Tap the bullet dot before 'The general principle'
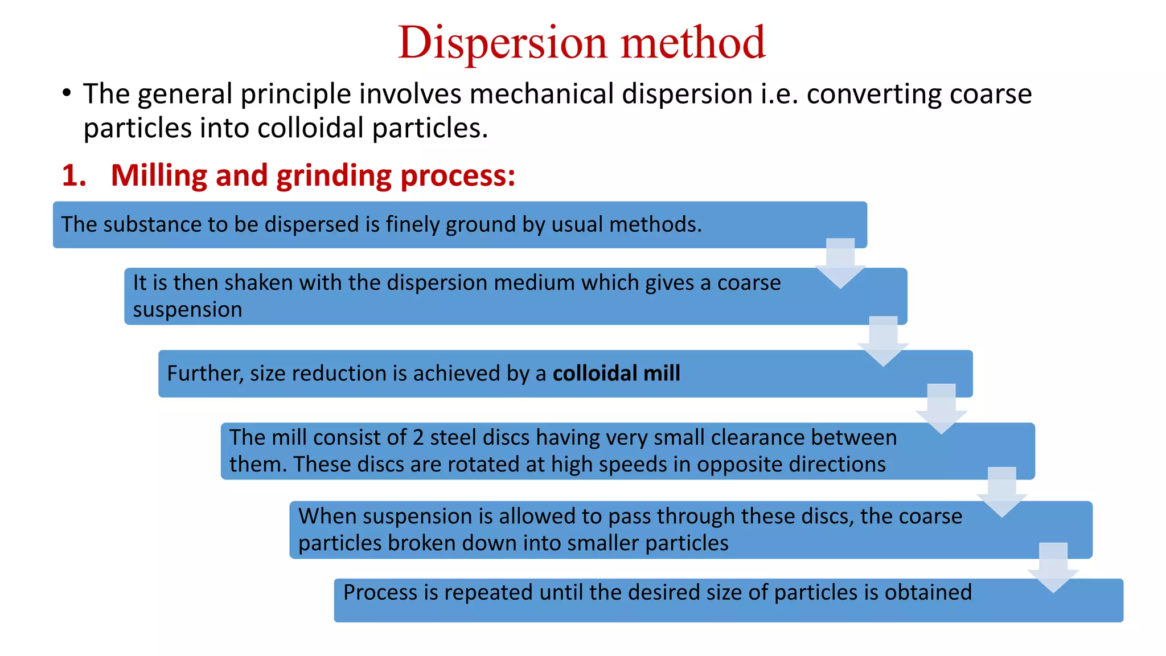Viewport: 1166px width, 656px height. [67, 93]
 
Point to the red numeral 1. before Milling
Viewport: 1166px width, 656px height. [73, 175]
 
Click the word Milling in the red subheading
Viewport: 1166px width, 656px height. [159, 175]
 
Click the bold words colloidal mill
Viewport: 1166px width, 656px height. [616, 374]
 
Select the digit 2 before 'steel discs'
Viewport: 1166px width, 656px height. [418, 438]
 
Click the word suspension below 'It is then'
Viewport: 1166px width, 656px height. [187, 310]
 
